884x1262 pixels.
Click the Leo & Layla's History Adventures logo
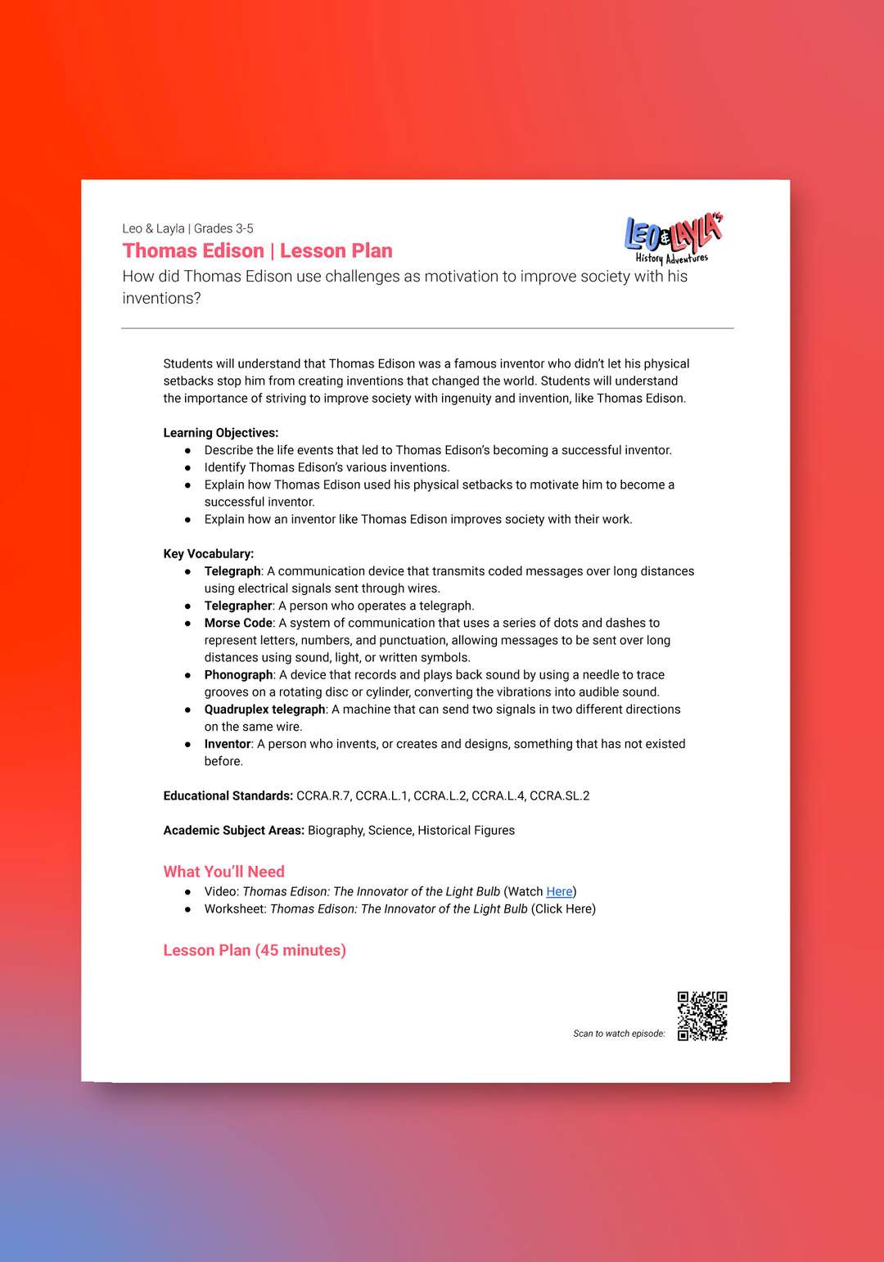click(673, 239)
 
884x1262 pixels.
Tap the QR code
click(702, 1016)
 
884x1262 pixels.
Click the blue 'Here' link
click(559, 891)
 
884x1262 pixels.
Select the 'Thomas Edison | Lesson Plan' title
click(257, 250)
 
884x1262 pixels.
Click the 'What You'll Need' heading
click(223, 872)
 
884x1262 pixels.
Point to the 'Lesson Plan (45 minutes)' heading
click(255, 950)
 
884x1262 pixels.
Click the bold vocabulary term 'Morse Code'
click(238, 623)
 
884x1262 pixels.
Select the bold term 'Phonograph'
click(238, 674)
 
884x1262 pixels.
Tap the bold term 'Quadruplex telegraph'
click(264, 709)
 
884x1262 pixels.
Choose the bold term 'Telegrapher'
click(237, 606)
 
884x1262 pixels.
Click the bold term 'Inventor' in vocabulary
click(228, 744)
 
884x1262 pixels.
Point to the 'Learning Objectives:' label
click(220, 433)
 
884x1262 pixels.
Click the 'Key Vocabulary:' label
click(208, 554)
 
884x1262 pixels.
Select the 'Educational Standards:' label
click(228, 796)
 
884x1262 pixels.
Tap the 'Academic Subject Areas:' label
click(233, 830)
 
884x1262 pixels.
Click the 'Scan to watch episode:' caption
click(619, 1034)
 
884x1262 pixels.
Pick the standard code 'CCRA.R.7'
click(323, 796)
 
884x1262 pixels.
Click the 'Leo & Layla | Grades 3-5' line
click(187, 228)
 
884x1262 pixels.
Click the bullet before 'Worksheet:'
click(187, 908)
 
